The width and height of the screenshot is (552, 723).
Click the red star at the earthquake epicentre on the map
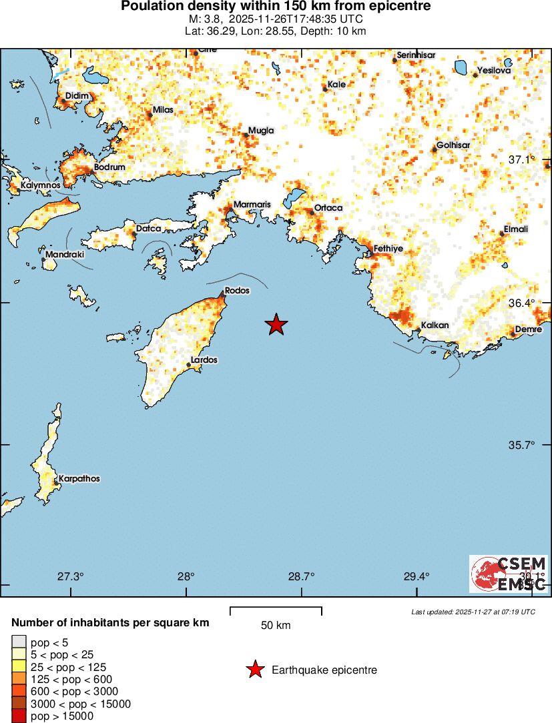[276, 325]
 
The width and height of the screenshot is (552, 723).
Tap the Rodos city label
[238, 290]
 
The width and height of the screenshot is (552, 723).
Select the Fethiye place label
[388, 248]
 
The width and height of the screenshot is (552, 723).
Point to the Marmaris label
[251, 204]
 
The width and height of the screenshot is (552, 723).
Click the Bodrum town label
[109, 167]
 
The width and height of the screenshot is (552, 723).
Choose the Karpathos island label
[79, 478]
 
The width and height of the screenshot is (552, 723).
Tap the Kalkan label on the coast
[434, 325]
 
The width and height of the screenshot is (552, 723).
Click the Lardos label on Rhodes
[204, 359]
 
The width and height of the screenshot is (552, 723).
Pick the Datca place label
[148, 229]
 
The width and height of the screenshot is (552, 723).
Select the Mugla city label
[261, 131]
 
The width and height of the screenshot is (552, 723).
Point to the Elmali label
[515, 229]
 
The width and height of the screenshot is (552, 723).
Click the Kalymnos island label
[41, 185]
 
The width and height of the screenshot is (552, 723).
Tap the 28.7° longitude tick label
[301, 576]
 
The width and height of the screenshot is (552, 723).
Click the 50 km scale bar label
[276, 626]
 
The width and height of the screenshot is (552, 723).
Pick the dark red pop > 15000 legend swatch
[17, 716]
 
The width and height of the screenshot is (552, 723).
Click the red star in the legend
[254, 670]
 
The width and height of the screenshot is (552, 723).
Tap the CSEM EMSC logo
[509, 574]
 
